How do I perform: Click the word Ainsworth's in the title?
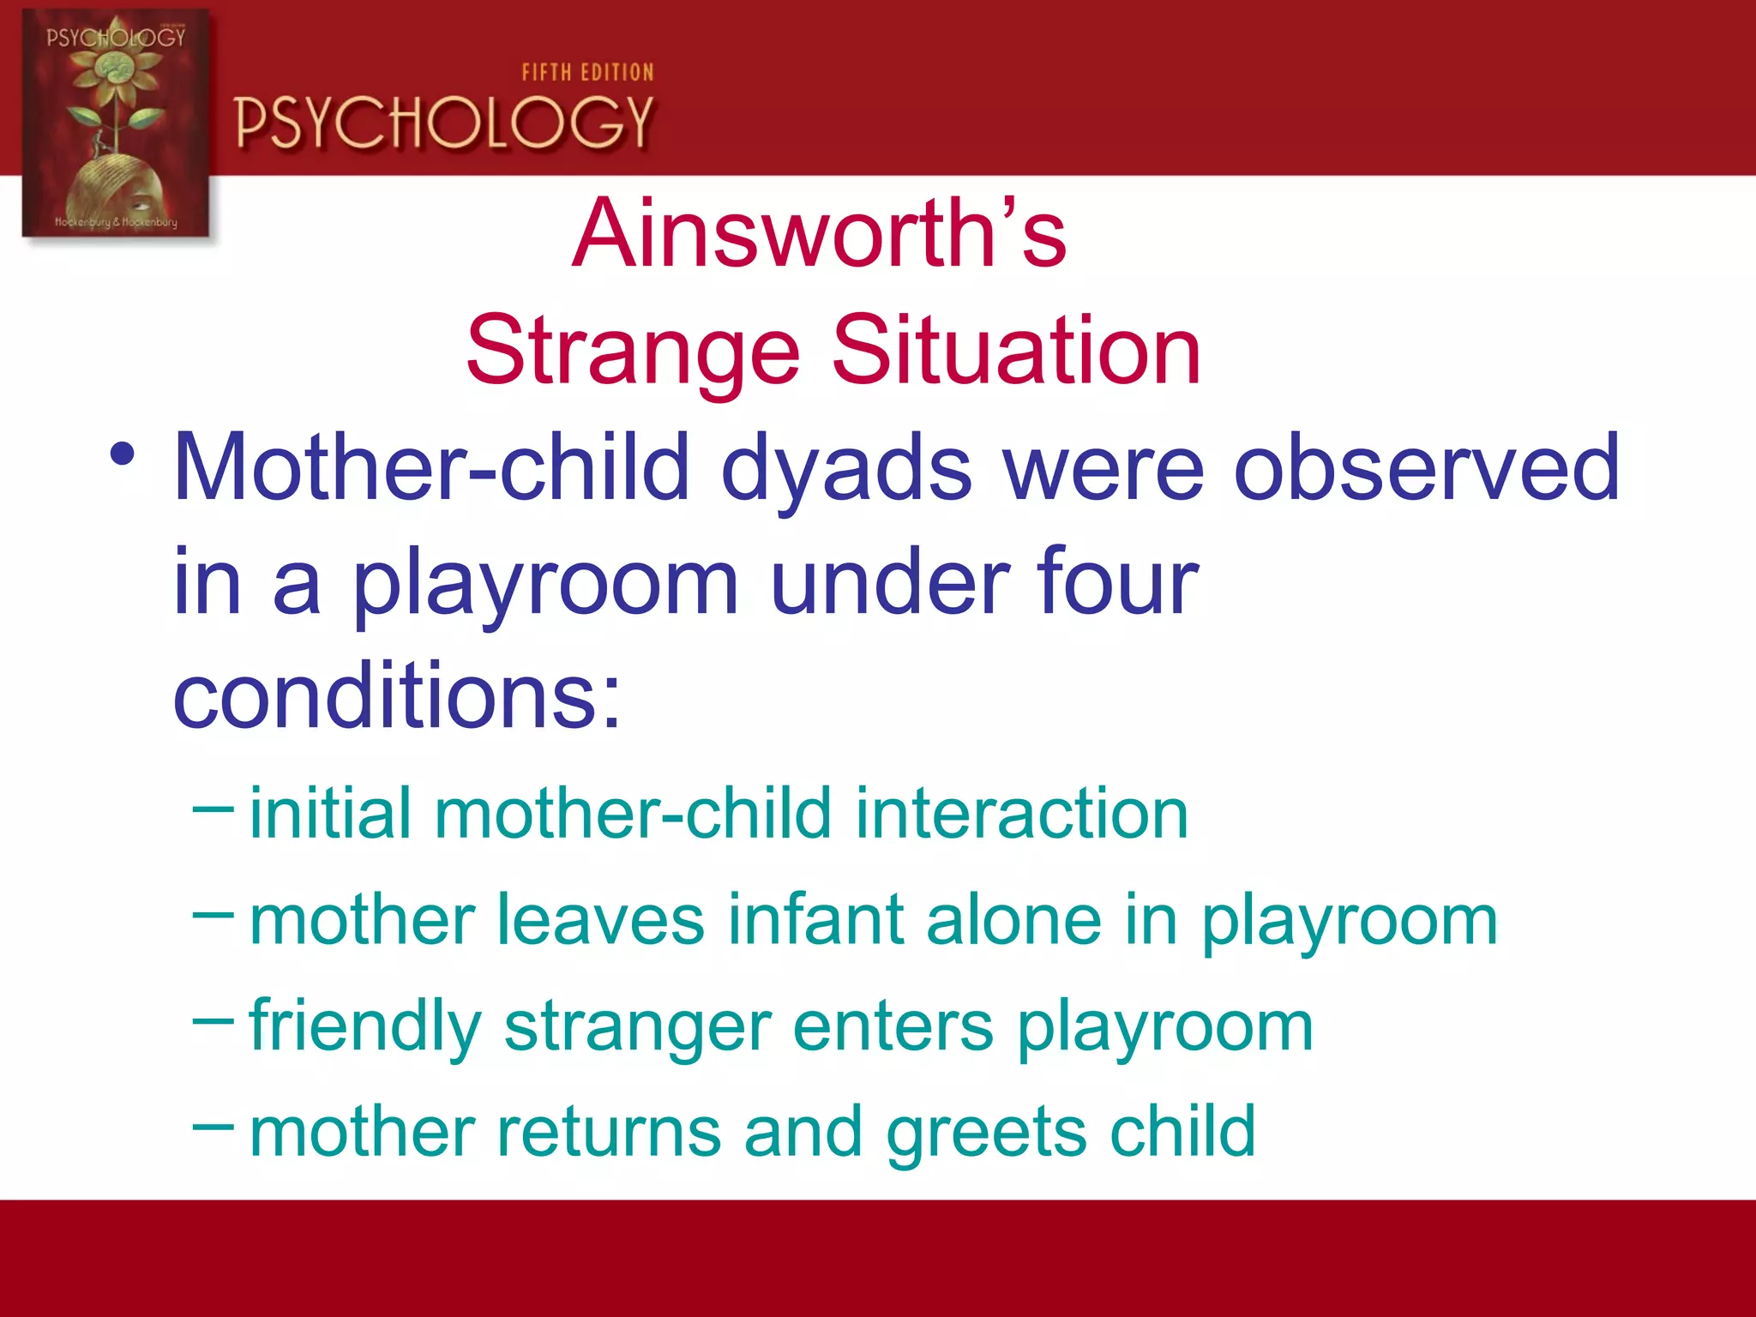pos(819,233)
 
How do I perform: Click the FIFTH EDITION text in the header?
pos(587,73)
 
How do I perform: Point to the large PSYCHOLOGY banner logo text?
pos(444,123)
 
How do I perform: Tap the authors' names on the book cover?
pos(116,222)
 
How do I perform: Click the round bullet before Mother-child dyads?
pos(122,454)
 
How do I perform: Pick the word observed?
pos(1426,467)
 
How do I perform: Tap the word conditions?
pos(396,695)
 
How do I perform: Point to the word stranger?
pos(637,1027)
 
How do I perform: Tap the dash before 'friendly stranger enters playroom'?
pos(213,1020)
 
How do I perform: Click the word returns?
pos(609,1132)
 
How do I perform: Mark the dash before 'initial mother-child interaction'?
pos(213,808)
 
